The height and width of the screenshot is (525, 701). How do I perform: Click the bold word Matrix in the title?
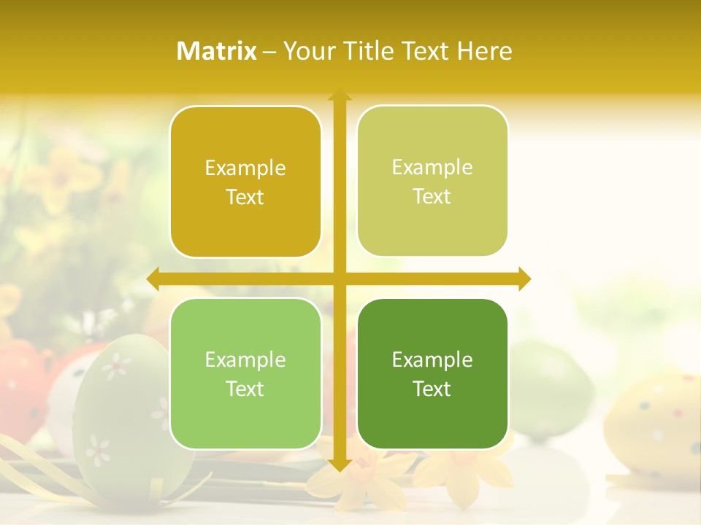217,51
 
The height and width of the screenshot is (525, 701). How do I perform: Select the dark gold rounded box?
245,182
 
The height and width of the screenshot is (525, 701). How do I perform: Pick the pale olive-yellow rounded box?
432,182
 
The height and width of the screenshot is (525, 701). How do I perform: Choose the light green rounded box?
245,374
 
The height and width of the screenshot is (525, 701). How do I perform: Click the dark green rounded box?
432,374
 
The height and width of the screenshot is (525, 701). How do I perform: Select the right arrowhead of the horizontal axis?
524,279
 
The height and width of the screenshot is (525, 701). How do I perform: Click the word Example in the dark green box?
432,359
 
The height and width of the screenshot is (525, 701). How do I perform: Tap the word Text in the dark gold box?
245,198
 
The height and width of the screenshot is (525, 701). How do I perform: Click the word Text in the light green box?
245,389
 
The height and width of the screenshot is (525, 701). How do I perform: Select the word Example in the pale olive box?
432,168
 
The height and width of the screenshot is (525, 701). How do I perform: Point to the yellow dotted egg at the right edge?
654,423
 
